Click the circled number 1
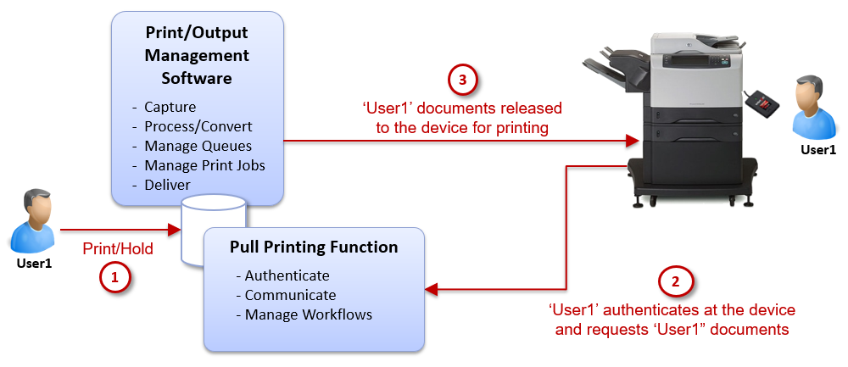115,276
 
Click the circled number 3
462,81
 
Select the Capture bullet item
170,107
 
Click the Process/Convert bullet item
198,126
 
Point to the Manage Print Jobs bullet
204,165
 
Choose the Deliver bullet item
167,184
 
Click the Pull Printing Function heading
314,247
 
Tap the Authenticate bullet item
287,276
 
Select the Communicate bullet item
290,295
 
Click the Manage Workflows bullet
308,314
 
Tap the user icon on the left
35,221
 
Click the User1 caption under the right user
818,150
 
